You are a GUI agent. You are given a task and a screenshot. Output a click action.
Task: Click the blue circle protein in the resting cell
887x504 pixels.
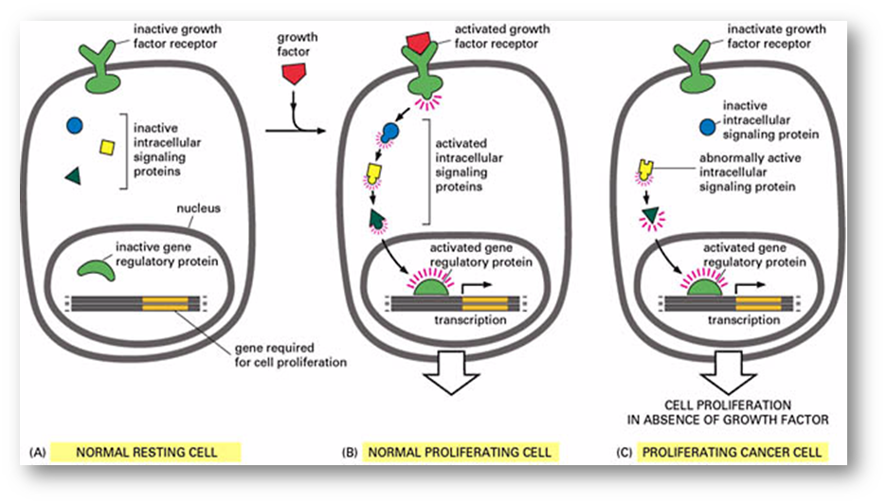coord(74,125)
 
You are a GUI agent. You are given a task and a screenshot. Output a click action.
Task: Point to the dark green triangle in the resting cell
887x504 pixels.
coord(72,175)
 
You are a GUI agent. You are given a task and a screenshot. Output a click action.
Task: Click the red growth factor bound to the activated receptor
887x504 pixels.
coord(417,41)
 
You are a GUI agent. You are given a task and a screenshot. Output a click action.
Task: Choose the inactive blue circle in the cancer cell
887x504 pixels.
coord(707,125)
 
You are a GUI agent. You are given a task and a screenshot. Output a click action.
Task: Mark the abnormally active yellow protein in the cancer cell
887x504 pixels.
coord(647,170)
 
